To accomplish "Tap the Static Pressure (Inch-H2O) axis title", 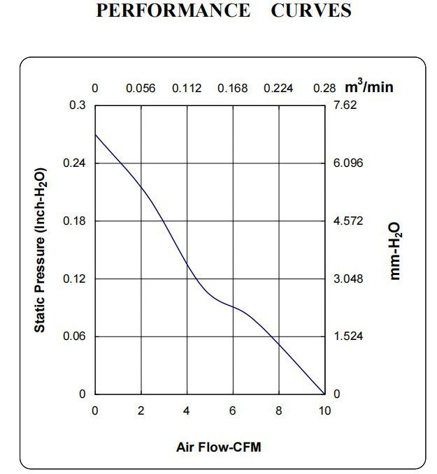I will pos(41,250).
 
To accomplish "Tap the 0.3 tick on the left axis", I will pos(78,105).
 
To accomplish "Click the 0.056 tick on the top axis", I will pos(141,89).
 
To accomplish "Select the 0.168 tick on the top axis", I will pos(232,89).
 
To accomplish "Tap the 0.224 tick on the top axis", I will pos(278,89).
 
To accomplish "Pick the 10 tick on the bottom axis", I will pos(324,411).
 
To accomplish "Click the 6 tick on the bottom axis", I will pos(233,411).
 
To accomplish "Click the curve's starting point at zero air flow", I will pos(95,134).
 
